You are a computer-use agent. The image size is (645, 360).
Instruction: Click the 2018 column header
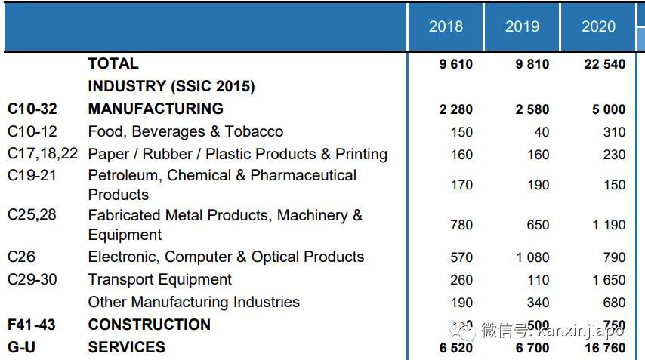pos(446,26)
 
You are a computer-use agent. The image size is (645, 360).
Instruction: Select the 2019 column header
pos(522,26)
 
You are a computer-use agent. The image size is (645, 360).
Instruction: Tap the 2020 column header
pos(598,26)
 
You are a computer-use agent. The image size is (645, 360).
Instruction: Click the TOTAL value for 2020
pos(604,64)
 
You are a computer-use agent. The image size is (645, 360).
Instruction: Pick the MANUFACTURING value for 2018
pos(455,109)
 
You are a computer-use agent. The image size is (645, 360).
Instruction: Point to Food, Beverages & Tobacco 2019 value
pos(541,132)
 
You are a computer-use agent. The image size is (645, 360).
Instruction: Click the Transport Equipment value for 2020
pos(609,280)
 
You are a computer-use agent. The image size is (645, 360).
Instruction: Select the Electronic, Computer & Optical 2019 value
pos(532,257)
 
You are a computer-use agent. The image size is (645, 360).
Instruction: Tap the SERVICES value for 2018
pos(455,348)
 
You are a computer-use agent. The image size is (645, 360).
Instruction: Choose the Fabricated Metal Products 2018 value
pos(461,225)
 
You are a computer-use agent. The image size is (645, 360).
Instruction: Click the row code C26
pos(21,257)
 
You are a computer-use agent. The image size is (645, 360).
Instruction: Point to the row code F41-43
pos(31,325)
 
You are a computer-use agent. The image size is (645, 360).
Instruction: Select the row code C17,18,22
pos(42,154)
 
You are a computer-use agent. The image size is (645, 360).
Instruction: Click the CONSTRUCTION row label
pos(149,325)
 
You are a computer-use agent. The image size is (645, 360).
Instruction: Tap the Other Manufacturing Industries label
pos(193,303)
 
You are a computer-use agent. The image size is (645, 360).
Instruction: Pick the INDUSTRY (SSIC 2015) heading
pos(171,87)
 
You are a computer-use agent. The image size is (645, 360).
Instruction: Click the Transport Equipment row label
pos(159,280)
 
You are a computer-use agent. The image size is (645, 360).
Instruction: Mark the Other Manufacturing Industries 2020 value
pos(614,303)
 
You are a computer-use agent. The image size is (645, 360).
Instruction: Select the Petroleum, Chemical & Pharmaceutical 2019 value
pos(537,185)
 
